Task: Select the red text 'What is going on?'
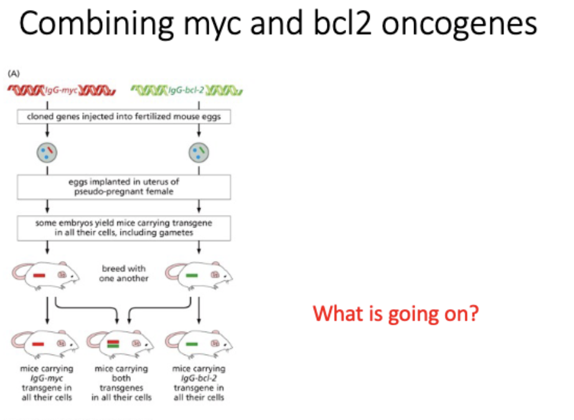(x=396, y=313)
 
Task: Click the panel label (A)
(x=14, y=74)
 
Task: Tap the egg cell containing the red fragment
(x=47, y=151)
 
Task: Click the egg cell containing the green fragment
(x=199, y=151)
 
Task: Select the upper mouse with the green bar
(x=199, y=274)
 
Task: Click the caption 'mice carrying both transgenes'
(x=121, y=383)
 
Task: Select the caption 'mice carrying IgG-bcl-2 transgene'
(x=199, y=383)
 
